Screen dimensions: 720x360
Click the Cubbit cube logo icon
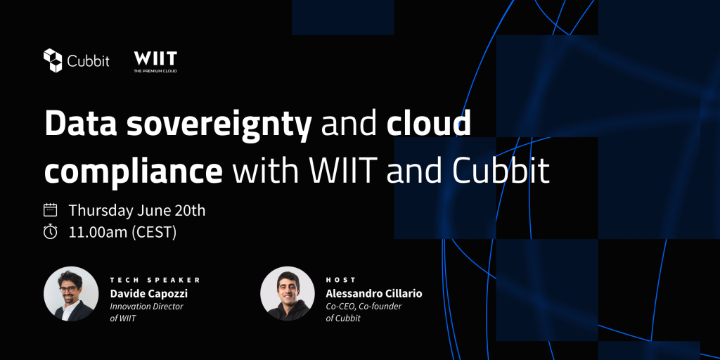(53, 60)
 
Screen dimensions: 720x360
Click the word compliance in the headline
(134, 170)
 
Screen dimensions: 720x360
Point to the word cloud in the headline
(428, 123)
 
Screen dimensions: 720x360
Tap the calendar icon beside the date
(50, 210)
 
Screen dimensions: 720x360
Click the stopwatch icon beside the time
(50, 231)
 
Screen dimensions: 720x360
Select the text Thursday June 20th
(137, 210)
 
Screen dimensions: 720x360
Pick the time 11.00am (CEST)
(122, 232)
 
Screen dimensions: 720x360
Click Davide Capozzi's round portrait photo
(71, 294)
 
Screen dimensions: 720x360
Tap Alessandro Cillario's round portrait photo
(288, 294)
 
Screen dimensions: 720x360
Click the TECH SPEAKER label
(155, 280)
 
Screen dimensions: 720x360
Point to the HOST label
(341, 280)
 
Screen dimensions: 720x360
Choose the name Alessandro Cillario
(374, 293)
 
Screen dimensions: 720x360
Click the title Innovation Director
(146, 307)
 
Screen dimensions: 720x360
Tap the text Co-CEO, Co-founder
(364, 307)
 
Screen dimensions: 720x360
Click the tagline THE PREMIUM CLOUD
(155, 71)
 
